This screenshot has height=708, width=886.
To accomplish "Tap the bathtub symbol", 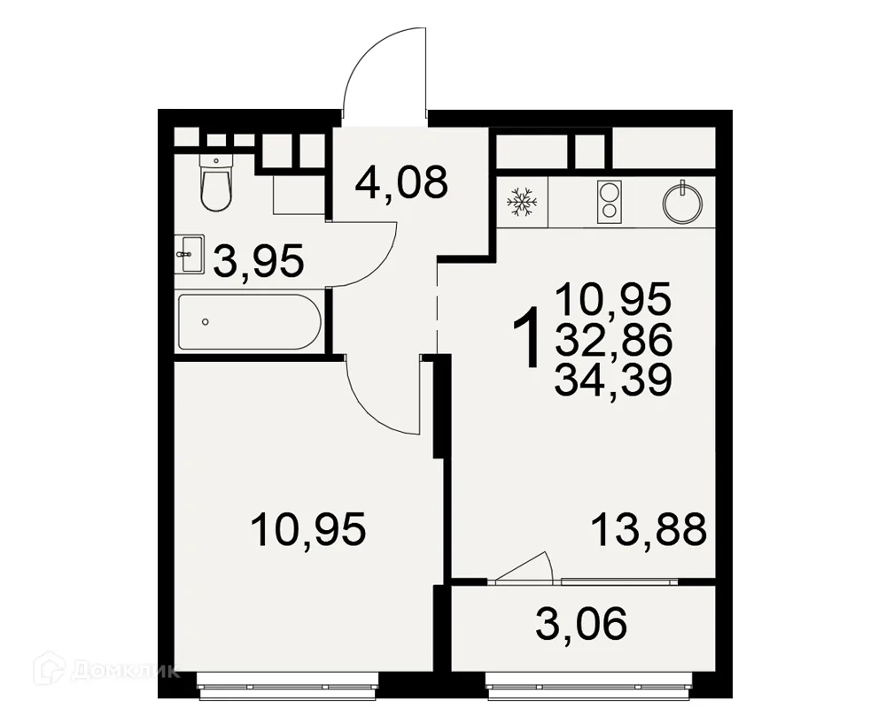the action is pyautogui.click(x=249, y=322).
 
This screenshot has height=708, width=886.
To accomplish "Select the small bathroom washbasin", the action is pyautogui.click(x=188, y=255).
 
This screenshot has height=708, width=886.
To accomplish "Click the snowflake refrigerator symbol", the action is pyautogui.click(x=522, y=203).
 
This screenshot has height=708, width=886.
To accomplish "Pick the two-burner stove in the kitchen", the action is pyautogui.click(x=610, y=200).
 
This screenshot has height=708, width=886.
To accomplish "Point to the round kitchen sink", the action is pyautogui.click(x=682, y=202).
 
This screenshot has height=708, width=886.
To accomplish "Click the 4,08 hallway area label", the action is pyautogui.click(x=401, y=181).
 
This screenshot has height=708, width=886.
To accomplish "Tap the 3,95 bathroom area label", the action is pyautogui.click(x=259, y=261).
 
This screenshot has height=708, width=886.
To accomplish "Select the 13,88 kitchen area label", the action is pyautogui.click(x=649, y=530).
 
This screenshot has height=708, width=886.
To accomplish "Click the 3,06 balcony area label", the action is pyautogui.click(x=581, y=624).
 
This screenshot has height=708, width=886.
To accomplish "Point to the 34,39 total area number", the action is pyautogui.click(x=613, y=380).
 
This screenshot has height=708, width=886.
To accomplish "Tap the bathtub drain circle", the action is pyautogui.click(x=206, y=322).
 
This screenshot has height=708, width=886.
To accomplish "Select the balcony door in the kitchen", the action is pyautogui.click(x=523, y=566).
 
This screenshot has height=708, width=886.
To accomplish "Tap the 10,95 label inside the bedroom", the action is pyautogui.click(x=308, y=530).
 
